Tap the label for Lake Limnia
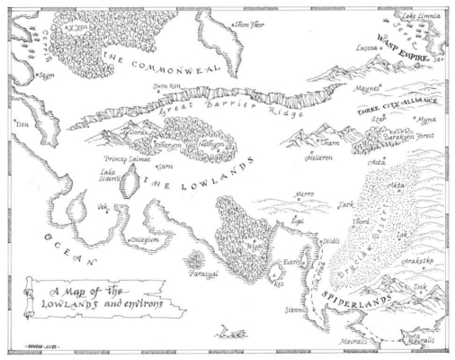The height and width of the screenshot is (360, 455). (x=421, y=16)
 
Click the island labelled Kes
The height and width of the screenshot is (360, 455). (x=279, y=281)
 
